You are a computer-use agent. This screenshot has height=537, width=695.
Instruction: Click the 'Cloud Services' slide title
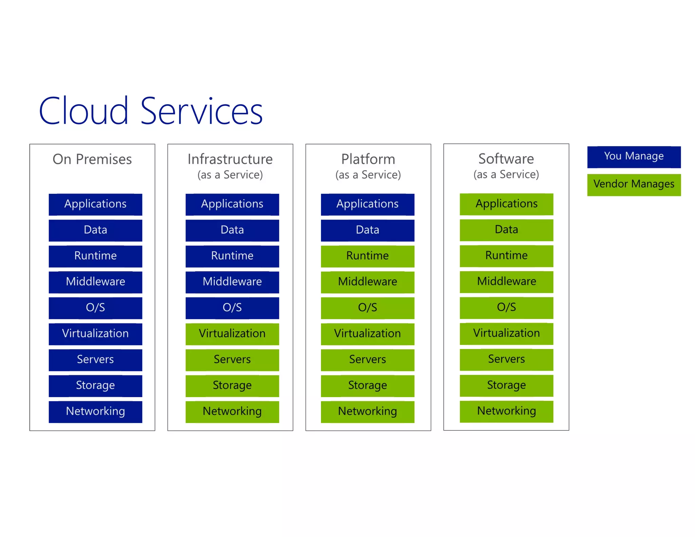(151, 111)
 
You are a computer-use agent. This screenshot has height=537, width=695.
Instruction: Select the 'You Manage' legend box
(634, 157)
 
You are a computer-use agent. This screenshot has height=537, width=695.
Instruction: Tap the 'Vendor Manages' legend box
(634, 185)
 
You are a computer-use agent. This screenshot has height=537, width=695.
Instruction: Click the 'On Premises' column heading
(92, 159)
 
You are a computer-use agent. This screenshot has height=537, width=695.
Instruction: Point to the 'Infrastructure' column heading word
(230, 159)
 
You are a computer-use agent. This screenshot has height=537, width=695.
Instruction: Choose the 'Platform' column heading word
(368, 159)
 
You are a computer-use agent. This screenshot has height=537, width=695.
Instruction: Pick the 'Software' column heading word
(506, 159)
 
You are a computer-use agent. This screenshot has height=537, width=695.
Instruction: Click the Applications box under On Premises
(95, 204)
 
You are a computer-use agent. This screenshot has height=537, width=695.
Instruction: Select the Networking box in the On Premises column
(95, 412)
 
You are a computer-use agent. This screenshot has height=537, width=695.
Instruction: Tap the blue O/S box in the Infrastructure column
(232, 308)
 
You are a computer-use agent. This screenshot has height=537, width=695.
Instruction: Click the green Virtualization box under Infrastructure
(232, 334)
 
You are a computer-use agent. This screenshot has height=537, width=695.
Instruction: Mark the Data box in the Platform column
(368, 230)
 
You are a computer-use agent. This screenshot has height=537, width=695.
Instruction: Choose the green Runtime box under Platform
(368, 256)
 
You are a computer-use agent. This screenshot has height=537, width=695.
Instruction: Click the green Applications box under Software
(506, 204)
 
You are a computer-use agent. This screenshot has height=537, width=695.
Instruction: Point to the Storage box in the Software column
(506, 385)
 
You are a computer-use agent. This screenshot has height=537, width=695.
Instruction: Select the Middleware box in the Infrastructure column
(232, 282)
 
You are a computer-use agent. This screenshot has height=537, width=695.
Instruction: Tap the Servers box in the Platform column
(368, 360)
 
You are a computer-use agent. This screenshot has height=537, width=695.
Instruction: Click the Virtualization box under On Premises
(95, 334)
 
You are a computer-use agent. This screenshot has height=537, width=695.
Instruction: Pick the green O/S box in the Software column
(506, 308)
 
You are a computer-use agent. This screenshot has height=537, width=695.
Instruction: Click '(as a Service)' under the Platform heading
(368, 175)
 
